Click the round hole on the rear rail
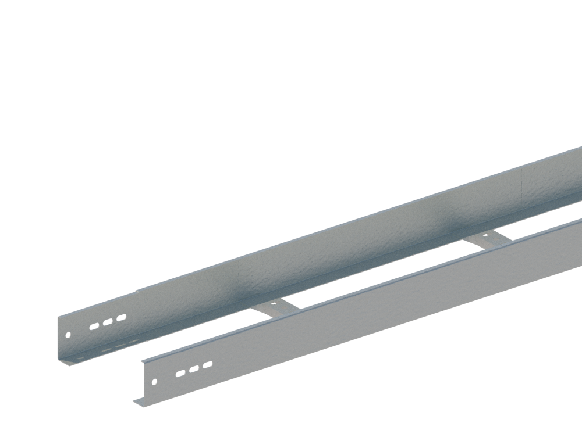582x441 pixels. tap(68, 335)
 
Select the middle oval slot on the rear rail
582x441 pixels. tap(108, 322)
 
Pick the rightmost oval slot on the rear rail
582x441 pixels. tap(121, 317)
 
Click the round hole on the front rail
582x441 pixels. tap(155, 382)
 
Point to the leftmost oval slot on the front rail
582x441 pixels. tap(181, 373)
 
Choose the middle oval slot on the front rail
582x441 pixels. tap(194, 368)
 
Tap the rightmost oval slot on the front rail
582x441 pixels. tap(208, 364)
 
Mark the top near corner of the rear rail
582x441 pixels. tap(58, 317)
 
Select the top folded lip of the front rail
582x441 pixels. tap(349, 289)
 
